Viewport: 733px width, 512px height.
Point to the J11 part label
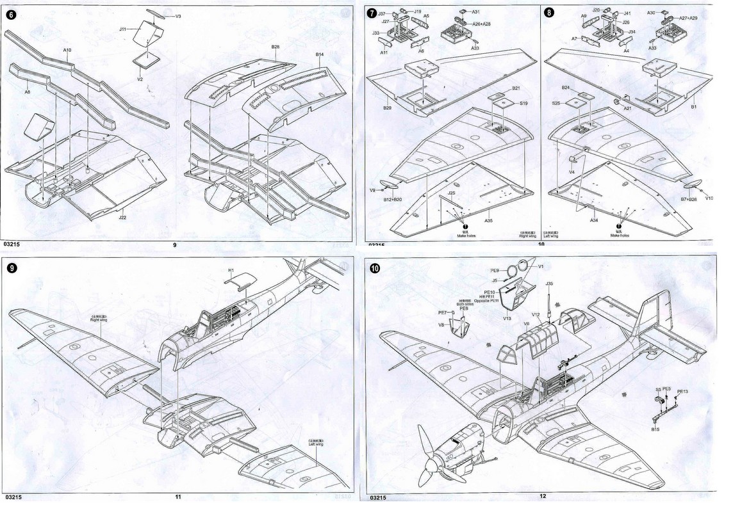[x=124, y=28]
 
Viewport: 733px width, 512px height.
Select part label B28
[x=275, y=47]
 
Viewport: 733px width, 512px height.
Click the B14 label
[x=320, y=55]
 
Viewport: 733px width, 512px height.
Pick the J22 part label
[x=122, y=218]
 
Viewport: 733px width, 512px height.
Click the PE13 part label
[x=682, y=392]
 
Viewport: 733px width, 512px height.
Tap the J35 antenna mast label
[x=549, y=284]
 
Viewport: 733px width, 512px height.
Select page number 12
[x=543, y=497]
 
